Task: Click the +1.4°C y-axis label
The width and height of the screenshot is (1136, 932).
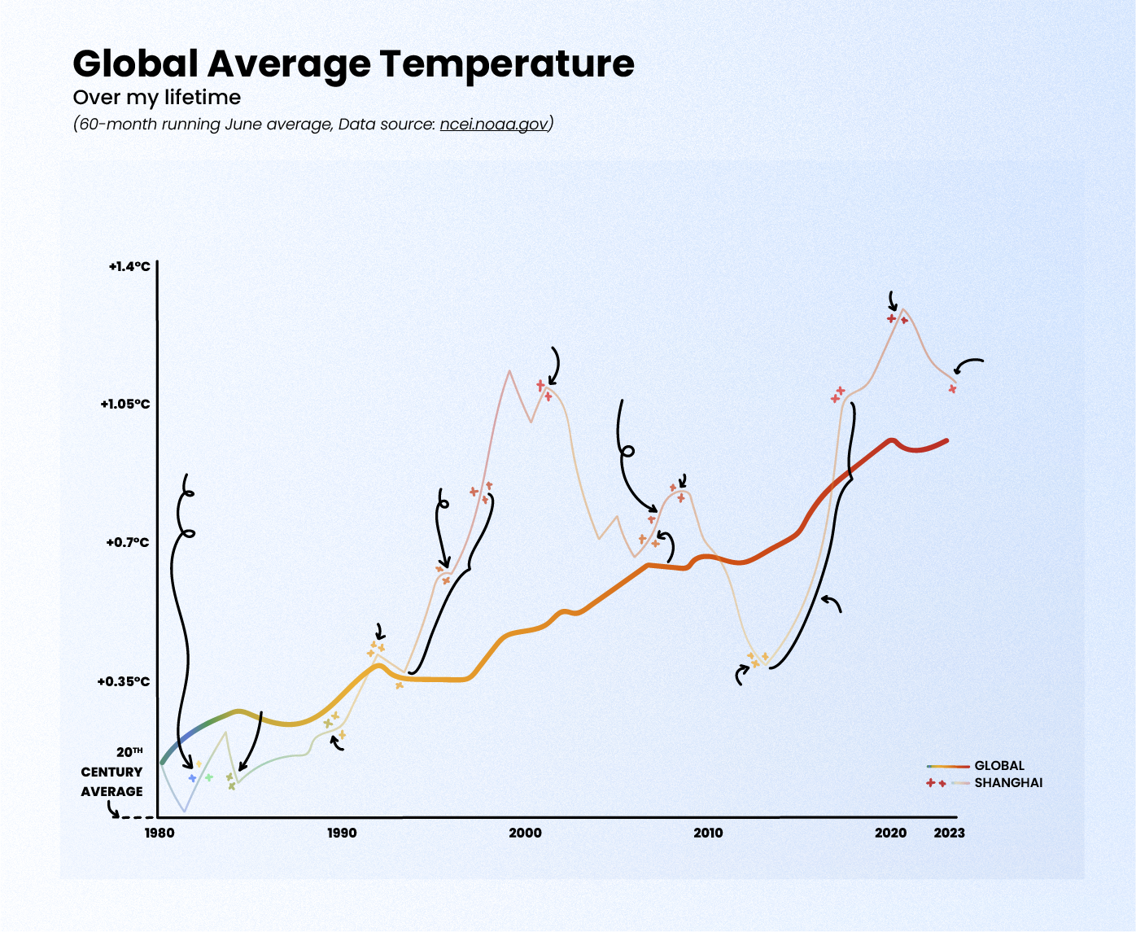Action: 129,266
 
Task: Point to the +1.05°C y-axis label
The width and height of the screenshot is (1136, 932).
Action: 125,404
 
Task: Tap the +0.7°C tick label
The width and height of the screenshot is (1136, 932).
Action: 128,542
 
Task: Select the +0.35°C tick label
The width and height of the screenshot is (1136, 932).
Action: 124,681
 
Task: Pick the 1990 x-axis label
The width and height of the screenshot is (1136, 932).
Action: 342,833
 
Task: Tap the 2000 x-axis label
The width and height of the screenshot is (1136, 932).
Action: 525,833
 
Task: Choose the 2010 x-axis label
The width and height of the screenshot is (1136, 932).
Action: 708,833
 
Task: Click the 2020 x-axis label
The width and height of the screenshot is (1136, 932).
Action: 890,833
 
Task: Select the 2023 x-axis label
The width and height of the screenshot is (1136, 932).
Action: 949,833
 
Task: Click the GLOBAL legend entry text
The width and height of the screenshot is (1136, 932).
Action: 999,766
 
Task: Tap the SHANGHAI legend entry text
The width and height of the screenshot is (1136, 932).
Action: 1008,783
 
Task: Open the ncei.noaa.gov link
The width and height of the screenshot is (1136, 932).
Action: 493,125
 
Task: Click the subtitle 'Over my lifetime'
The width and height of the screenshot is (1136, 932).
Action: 157,98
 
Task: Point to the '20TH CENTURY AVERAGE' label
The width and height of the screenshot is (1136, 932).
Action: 112,772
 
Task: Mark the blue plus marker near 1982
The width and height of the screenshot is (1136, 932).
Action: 192,778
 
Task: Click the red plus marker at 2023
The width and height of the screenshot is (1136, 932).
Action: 952,389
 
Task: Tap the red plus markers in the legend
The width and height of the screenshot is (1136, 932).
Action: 936,783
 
